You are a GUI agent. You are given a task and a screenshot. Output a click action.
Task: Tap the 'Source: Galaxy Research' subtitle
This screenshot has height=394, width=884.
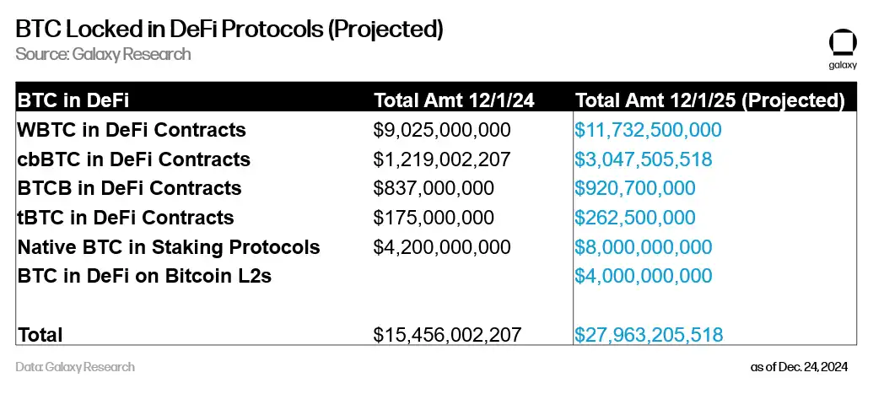[103, 54]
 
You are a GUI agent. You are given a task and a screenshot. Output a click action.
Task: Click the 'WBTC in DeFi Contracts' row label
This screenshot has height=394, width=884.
[132, 130]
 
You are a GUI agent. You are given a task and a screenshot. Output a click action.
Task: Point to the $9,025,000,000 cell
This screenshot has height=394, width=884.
[442, 130]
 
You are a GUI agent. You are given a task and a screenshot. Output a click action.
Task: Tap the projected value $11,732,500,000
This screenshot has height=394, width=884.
[648, 130]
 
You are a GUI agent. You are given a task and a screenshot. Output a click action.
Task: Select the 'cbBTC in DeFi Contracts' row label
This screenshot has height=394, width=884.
[133, 159]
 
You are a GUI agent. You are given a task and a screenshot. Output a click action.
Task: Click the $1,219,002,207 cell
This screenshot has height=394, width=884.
[442, 159]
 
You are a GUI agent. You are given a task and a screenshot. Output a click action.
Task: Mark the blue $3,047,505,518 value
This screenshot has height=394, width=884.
[644, 159]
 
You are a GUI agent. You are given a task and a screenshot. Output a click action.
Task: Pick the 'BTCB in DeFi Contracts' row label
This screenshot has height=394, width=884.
[129, 188]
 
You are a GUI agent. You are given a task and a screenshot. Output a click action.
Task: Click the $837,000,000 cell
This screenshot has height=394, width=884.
[434, 188]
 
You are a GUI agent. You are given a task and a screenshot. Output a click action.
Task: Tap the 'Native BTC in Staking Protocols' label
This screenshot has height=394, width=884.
[169, 247]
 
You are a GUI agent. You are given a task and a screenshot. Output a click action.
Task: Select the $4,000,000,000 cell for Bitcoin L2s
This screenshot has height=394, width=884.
[644, 276]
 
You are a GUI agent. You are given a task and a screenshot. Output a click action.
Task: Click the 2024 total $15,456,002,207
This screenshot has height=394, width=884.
[446, 334]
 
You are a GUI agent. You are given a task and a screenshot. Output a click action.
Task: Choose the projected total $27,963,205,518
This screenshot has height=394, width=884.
[648, 334]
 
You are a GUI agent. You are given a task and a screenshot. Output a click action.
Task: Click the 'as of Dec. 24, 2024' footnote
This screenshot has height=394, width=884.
[798, 367]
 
